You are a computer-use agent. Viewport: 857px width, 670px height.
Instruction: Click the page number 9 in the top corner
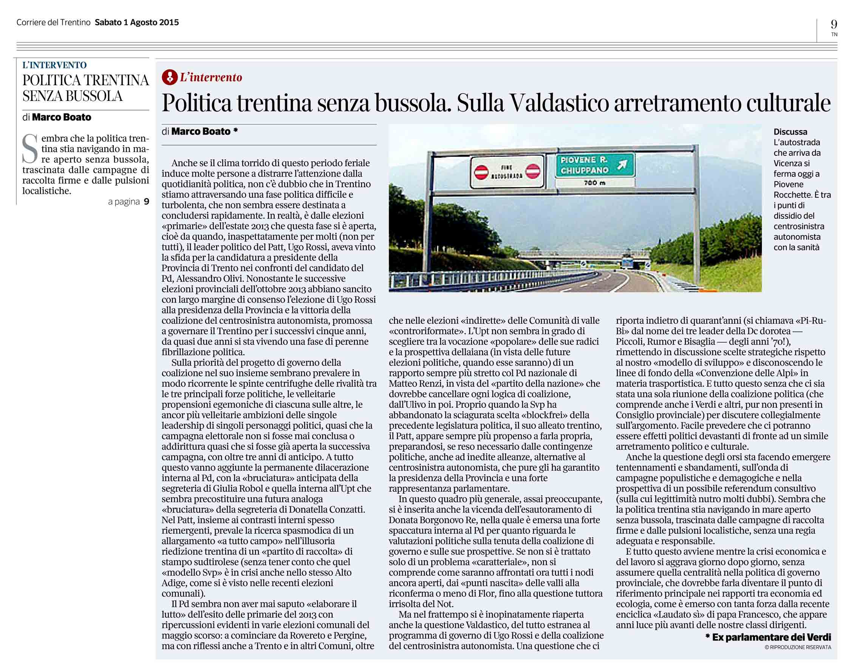[x=834, y=24]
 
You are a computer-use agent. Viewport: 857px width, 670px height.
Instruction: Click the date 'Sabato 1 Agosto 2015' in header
[x=136, y=23]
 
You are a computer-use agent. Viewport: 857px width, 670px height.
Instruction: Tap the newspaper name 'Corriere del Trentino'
[x=53, y=23]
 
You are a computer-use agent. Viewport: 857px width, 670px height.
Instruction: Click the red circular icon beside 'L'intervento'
[x=170, y=78]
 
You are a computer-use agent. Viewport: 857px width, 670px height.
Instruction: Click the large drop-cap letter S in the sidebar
[x=30, y=149]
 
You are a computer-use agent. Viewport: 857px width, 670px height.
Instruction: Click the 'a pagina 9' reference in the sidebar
[x=129, y=202]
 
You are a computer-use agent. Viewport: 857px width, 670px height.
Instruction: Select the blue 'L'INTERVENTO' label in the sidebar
[x=54, y=65]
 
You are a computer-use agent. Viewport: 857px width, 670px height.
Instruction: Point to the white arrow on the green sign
[x=623, y=164]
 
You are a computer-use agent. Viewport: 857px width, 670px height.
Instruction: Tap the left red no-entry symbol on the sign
[x=481, y=172]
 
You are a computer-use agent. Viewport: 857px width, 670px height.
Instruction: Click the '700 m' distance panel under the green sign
[x=594, y=183]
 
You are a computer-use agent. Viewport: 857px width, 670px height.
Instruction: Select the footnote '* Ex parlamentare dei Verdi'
[x=768, y=637]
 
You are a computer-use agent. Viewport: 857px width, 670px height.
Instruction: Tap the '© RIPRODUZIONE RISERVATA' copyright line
[x=798, y=647]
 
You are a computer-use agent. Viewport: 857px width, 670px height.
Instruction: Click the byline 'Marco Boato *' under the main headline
[x=204, y=132]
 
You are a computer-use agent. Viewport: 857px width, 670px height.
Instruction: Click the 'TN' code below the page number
[x=834, y=34]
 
